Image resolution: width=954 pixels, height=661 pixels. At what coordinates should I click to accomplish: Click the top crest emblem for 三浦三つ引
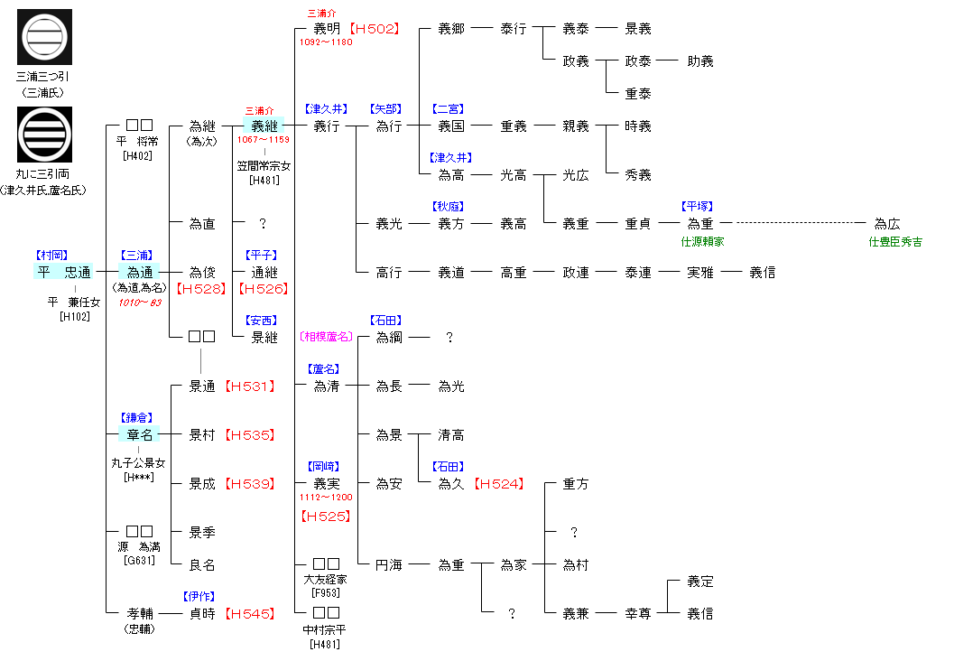pyautogui.click(x=44, y=37)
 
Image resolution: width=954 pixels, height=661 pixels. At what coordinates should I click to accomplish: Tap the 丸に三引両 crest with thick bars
pyautogui.click(x=44, y=134)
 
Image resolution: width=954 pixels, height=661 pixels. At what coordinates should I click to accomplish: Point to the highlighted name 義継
pyautogui.click(x=264, y=126)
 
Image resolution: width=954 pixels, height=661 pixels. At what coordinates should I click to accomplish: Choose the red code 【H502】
pyautogui.click(x=375, y=29)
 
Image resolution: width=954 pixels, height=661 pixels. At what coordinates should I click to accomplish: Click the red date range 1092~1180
pyautogui.click(x=326, y=42)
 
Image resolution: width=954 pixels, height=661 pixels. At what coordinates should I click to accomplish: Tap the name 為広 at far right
pyautogui.click(x=887, y=224)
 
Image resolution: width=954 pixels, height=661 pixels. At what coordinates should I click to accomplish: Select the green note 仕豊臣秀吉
pyautogui.click(x=894, y=242)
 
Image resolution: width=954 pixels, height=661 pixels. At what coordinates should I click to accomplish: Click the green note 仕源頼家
pyautogui.click(x=702, y=242)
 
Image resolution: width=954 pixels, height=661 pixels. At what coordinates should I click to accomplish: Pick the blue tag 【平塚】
pyautogui.click(x=700, y=207)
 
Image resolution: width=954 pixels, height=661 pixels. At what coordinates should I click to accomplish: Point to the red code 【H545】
pyautogui.click(x=249, y=614)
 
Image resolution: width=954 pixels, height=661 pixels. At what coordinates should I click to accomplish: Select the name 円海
pyautogui.click(x=389, y=565)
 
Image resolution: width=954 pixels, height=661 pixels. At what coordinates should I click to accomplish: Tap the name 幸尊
pyautogui.click(x=638, y=614)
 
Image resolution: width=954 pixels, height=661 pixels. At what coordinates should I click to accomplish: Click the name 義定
pyautogui.click(x=700, y=582)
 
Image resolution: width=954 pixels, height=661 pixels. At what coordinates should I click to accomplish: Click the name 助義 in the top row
pyautogui.click(x=700, y=61)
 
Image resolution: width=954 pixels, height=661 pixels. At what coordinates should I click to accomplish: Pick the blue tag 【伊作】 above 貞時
pyautogui.click(x=201, y=596)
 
